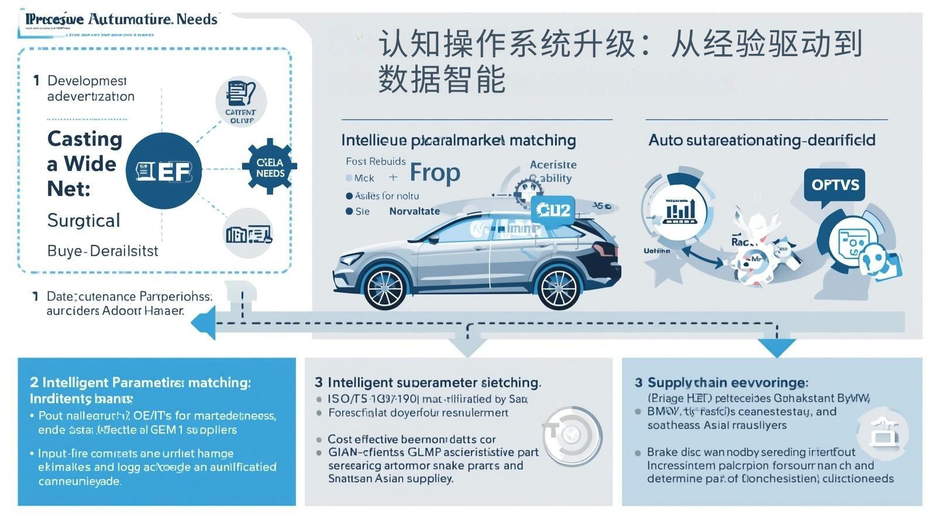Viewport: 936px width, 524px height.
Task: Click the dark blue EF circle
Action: [164, 171]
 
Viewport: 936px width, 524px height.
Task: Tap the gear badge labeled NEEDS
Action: [270, 167]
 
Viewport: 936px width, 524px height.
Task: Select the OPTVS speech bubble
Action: [835, 185]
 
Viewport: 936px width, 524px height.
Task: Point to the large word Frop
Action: [435, 173]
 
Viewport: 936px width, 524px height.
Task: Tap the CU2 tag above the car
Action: [553, 210]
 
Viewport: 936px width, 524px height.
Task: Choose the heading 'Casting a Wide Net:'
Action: [85, 164]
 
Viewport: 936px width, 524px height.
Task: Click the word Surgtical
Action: [84, 220]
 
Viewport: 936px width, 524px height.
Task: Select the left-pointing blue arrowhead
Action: [204, 323]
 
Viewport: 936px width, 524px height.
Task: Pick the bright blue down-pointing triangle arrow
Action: [777, 348]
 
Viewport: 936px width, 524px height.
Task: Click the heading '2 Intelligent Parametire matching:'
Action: [140, 382]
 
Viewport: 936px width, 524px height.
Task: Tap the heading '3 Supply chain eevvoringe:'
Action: [722, 382]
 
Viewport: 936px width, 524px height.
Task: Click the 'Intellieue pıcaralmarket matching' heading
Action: [458, 140]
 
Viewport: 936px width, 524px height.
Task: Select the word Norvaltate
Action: [414, 211]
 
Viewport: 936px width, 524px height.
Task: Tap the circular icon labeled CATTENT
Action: [241, 101]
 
